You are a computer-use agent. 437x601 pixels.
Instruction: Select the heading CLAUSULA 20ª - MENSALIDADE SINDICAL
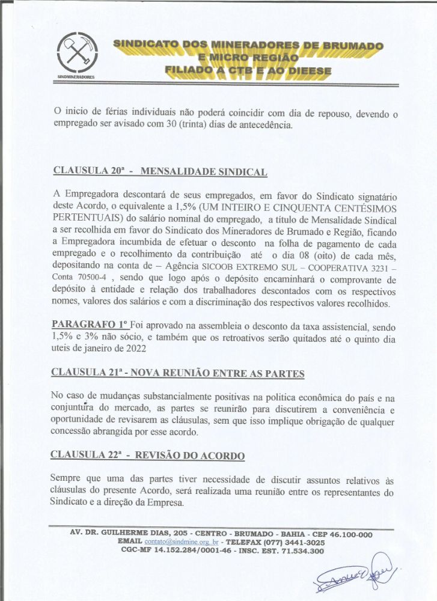(x=160, y=171)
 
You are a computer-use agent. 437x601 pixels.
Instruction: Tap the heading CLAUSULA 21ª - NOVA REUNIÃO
(x=178, y=373)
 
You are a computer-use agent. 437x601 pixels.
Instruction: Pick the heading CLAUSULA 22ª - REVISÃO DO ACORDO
(x=148, y=455)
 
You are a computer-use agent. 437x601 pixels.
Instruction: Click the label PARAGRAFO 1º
(x=90, y=326)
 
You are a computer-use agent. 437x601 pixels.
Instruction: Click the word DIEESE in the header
(x=302, y=71)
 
